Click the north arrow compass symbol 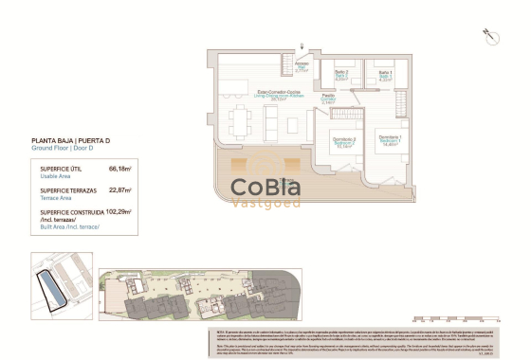tap(491, 36)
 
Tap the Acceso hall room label tap(302, 66)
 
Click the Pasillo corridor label tap(327, 98)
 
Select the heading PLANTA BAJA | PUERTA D tap(70, 140)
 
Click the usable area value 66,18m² tap(120, 169)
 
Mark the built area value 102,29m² tap(119, 212)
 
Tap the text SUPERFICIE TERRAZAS tap(62, 190)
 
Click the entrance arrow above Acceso tap(302, 48)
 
